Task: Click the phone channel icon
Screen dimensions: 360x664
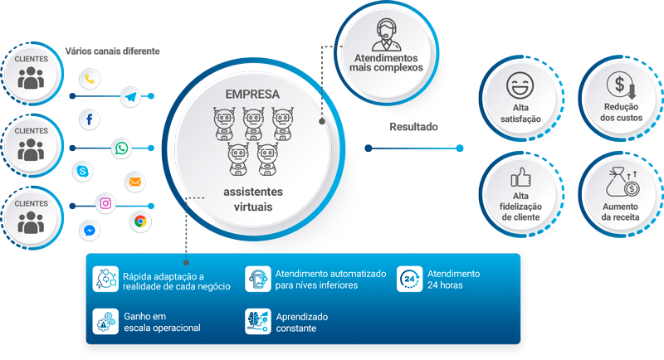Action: tap(90, 80)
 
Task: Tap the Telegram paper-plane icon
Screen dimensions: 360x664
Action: tap(130, 97)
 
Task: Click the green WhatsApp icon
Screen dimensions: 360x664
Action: tap(122, 148)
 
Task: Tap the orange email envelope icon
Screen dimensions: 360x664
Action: tap(134, 180)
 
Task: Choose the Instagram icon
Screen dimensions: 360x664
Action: tap(106, 203)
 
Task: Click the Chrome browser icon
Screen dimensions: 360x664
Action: tap(139, 221)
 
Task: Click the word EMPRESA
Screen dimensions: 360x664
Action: tap(252, 94)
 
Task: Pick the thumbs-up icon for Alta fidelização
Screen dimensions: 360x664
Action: tap(521, 178)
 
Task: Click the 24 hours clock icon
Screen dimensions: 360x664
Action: tap(410, 280)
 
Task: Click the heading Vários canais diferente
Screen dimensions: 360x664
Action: tap(112, 51)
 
